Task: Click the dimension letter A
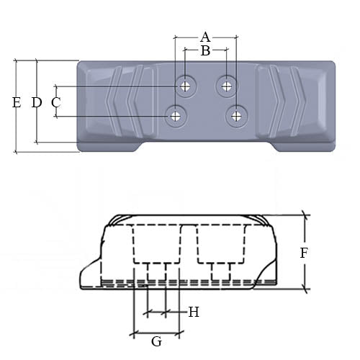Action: (205, 36)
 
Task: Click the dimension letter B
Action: (205, 51)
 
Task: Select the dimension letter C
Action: (55, 102)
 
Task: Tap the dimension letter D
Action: (36, 102)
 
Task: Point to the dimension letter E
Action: (16, 102)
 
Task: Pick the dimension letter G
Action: (156, 341)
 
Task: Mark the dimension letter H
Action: (193, 312)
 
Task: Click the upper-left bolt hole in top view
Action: (186, 86)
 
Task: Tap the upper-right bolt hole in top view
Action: (227, 86)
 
